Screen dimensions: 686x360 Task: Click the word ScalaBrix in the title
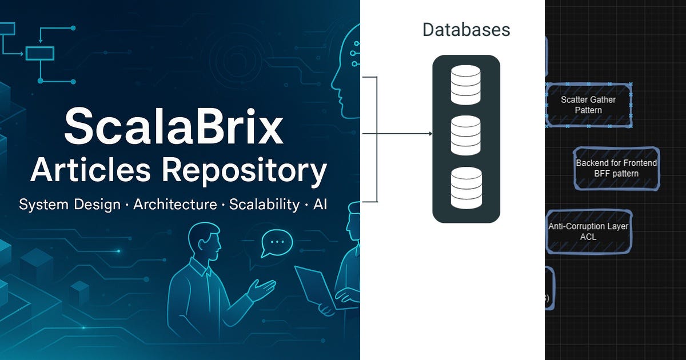point(174,126)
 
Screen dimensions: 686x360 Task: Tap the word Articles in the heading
point(91,170)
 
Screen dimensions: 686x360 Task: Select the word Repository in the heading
point(245,171)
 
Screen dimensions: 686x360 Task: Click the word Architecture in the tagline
point(175,204)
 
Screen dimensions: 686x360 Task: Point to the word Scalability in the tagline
point(264,205)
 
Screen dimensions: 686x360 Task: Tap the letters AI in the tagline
point(320,204)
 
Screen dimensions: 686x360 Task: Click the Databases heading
point(466,30)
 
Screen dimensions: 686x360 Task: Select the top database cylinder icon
point(465,85)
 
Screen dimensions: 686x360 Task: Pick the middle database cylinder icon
point(465,135)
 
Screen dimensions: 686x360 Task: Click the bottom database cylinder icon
point(466,187)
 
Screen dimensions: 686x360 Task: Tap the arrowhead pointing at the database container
point(430,134)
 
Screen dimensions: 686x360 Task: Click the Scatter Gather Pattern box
point(589,105)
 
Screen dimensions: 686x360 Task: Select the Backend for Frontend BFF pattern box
point(616,169)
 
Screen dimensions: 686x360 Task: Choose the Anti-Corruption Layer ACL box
point(589,232)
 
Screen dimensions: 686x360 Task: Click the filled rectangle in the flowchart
point(40,53)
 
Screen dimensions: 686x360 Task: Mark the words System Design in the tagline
point(70,205)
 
